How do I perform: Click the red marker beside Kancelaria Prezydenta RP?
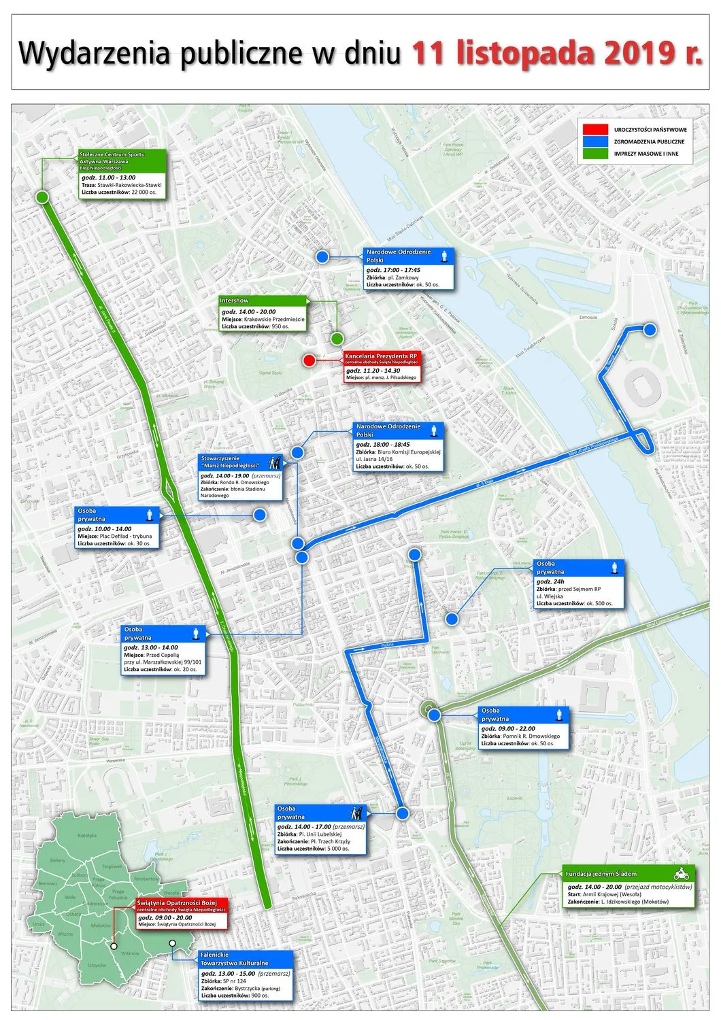tap(309, 360)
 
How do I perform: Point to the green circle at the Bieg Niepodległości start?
tap(42, 197)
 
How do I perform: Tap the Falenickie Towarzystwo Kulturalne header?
tap(246, 959)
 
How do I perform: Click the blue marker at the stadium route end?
tap(650, 330)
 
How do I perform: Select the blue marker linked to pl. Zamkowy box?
tap(322, 256)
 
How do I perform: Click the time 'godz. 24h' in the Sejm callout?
tap(550, 581)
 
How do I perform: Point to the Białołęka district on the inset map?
tap(87, 836)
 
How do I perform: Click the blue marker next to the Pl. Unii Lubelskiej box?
tap(402, 813)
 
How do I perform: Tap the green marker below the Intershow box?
tap(337, 338)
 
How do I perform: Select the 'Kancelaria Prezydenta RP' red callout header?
tap(382, 358)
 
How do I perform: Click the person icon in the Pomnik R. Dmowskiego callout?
tap(559, 714)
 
